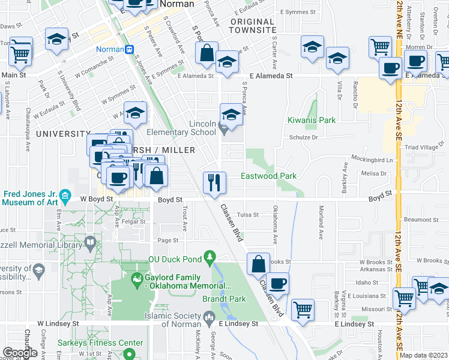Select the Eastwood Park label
[x=268, y=176]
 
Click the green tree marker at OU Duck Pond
[x=209, y=257]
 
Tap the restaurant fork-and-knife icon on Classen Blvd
[x=214, y=181]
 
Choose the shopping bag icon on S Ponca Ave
[x=206, y=53]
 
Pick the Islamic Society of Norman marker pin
[x=208, y=316]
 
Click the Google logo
[x=20, y=352]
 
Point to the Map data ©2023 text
[x=424, y=355]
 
